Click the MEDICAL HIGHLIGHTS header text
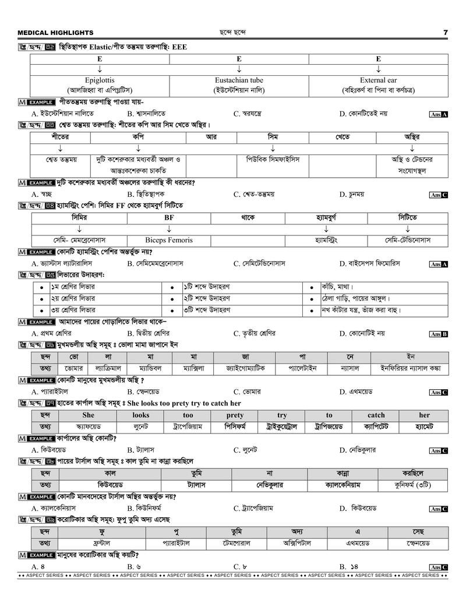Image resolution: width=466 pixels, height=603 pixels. (55, 33)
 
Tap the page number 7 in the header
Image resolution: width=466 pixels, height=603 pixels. (445, 33)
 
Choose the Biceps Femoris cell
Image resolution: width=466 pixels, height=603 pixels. (169, 239)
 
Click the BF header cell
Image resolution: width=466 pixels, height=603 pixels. (169, 217)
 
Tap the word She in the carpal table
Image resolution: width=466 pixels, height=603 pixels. (88, 415)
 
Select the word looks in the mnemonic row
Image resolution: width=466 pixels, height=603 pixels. (140, 415)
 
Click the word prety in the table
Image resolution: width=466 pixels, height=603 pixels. (235, 415)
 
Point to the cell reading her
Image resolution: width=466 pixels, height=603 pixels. (424, 415)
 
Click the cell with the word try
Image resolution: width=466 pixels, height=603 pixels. (282, 415)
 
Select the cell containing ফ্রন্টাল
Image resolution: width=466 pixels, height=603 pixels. (103, 543)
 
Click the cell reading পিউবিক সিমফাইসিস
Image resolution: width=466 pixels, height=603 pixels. (273, 159)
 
